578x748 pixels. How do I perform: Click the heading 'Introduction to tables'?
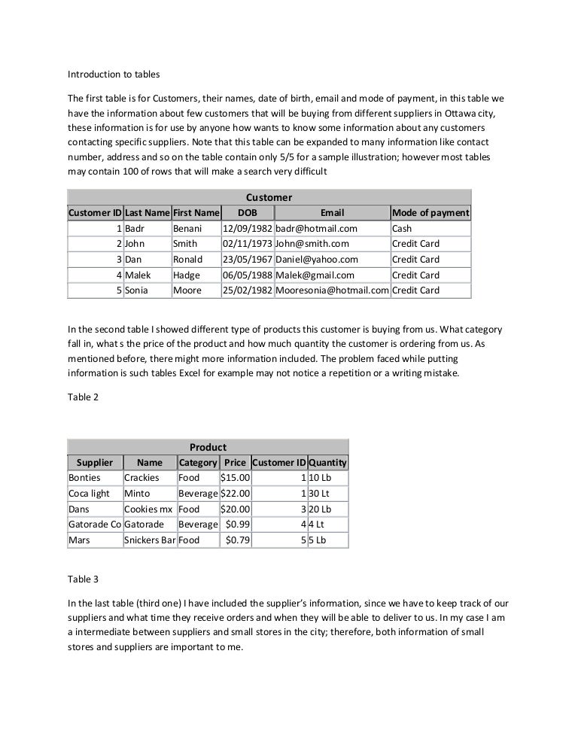point(114,74)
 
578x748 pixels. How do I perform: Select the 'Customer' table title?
point(269,197)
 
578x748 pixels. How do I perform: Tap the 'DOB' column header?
point(247,213)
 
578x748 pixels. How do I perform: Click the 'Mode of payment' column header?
point(430,213)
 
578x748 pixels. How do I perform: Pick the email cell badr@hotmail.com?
point(316,229)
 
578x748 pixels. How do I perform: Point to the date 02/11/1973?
point(247,244)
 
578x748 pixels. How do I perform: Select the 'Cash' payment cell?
point(402,229)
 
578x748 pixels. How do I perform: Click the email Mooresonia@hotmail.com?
point(332,290)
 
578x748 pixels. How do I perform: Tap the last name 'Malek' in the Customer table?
point(138,275)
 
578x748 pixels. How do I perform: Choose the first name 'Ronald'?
point(187,260)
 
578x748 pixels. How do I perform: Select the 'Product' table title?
point(208,447)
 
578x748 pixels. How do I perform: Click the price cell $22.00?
point(235,494)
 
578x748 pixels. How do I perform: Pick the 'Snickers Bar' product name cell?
point(149,540)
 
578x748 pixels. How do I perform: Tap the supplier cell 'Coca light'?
point(89,494)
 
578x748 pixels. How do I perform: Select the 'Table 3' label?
point(84,580)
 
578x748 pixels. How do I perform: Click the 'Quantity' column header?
point(327,462)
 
